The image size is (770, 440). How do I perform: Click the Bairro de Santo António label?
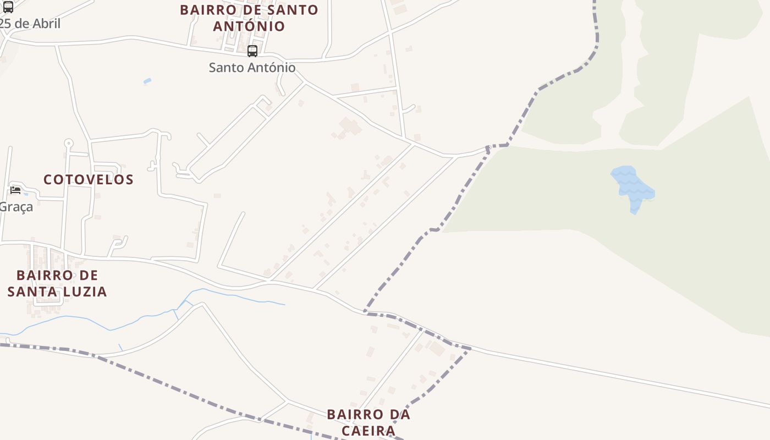tap(249, 18)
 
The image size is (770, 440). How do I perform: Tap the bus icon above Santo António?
tap(252, 51)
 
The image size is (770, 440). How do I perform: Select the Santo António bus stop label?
tap(252, 68)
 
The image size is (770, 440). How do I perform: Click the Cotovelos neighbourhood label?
tap(89, 179)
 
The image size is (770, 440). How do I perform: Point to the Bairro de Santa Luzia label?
tap(57, 283)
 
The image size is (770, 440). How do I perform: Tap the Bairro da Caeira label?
tap(369, 422)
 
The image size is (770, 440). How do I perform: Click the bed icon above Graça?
tap(15, 190)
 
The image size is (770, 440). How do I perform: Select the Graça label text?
tap(16, 207)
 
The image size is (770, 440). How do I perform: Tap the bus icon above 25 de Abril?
tap(8, 7)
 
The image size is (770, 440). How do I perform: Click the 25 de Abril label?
tap(30, 24)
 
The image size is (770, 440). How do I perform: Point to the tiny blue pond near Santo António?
tap(147, 81)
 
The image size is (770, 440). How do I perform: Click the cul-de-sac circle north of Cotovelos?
tap(68, 144)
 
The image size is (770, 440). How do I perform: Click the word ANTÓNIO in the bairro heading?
tap(249, 26)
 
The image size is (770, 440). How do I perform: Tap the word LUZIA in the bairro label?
tap(87, 291)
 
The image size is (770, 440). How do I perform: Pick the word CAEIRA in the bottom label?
tap(369, 430)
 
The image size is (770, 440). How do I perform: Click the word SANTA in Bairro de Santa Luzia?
tap(33, 291)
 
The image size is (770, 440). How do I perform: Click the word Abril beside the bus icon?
tap(46, 24)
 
